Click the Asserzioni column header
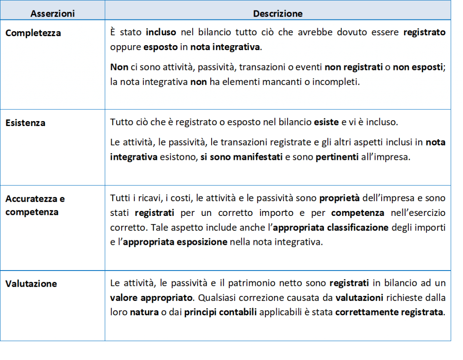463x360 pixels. (x=52, y=14)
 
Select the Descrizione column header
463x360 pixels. (x=278, y=14)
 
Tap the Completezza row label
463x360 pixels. (x=33, y=33)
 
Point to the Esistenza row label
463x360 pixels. (x=25, y=123)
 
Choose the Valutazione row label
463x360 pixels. (x=31, y=284)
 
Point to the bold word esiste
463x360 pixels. (x=325, y=122)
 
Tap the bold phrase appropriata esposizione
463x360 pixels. (x=175, y=242)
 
